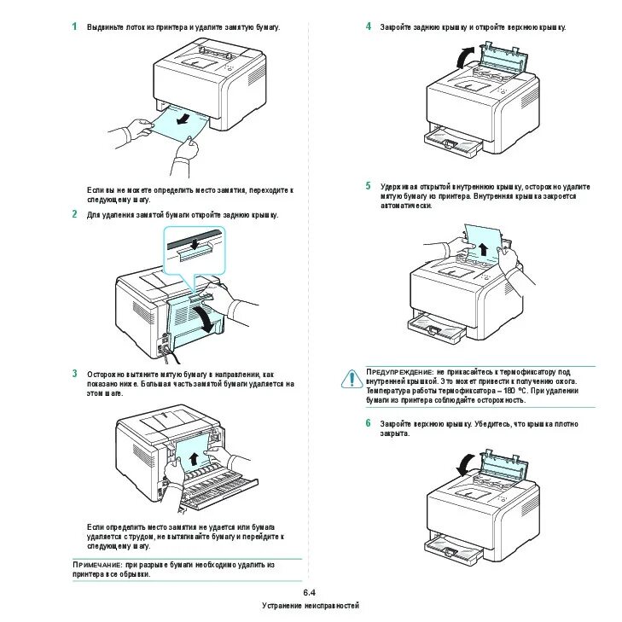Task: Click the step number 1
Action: (x=75, y=26)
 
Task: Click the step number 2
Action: (x=75, y=214)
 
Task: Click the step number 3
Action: (x=75, y=374)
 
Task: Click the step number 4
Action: (x=369, y=26)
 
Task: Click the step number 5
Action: (x=369, y=186)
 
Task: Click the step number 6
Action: (x=369, y=422)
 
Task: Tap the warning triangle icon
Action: (x=351, y=378)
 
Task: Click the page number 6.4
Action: (x=310, y=592)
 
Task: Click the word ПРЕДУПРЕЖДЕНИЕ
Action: (x=399, y=373)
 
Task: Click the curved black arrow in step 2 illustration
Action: (x=204, y=318)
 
